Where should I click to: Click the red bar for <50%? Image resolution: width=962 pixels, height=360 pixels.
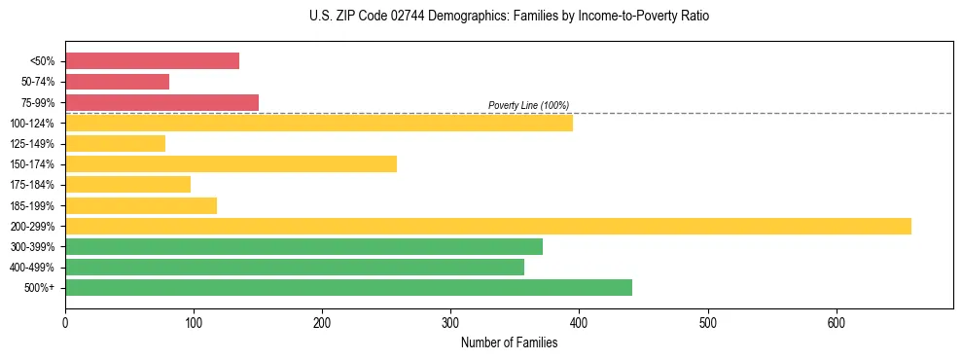152,61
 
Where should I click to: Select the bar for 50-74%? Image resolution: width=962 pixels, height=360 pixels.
117,82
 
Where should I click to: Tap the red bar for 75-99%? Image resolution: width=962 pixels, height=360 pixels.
161,102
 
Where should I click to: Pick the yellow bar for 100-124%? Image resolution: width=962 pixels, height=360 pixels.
319,123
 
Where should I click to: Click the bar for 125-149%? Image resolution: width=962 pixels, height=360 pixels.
115,144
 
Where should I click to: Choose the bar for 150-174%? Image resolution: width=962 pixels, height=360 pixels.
231,164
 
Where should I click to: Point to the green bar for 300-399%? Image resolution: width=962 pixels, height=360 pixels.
303,247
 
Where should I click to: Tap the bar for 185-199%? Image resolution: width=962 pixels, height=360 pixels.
141,205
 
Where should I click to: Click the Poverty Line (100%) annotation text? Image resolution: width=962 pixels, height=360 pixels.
528,105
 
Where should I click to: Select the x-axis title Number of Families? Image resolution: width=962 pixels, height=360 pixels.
509,342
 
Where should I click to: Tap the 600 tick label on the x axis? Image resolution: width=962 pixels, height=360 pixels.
836,322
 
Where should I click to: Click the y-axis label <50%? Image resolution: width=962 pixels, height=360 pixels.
43,61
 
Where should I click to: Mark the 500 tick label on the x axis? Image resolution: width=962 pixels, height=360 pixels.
707,322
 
